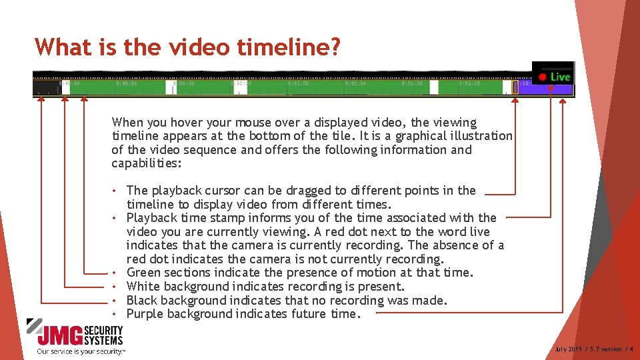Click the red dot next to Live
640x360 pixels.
(543, 77)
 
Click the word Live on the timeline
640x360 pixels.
(560, 77)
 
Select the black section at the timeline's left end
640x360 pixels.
(45, 87)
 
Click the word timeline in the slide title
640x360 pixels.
(294, 46)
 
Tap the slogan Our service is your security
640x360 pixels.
(81, 351)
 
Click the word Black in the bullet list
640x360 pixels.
(142, 300)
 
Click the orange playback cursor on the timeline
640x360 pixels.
(515, 87)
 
